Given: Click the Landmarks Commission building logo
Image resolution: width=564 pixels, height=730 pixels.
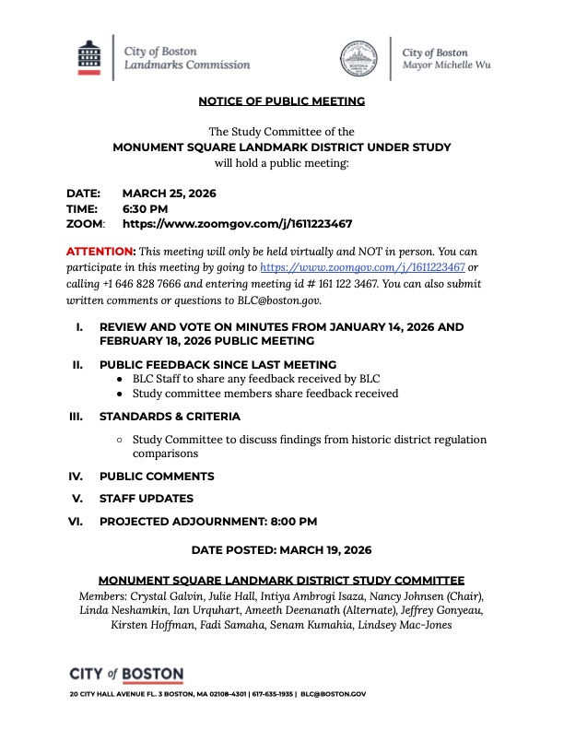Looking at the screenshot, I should (88, 57).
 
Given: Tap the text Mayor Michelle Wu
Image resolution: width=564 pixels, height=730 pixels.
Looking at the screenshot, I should (447, 66).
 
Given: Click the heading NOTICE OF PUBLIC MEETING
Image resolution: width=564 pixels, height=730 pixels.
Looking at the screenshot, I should (281, 100).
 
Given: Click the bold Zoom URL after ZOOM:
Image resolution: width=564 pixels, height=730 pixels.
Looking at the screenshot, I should (237, 223).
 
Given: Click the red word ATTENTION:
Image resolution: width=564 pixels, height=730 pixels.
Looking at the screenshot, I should (100, 252).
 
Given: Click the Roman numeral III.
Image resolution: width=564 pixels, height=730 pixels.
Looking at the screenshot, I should (76, 417).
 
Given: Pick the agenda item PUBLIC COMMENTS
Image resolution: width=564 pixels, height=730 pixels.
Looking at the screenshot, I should (157, 477).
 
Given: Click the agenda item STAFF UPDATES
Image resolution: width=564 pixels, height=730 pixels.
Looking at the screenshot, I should (146, 499).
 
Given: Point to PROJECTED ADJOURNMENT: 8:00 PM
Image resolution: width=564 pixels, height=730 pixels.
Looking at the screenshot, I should (208, 521).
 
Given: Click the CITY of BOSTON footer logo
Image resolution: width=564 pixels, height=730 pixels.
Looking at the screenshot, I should (126, 674).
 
